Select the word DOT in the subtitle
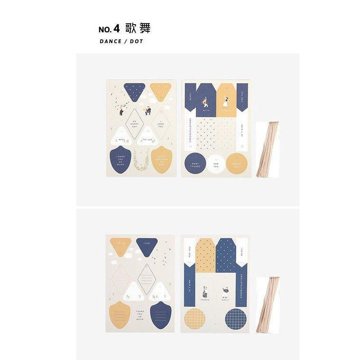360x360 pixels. (x=137, y=41)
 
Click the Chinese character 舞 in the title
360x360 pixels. (x=145, y=28)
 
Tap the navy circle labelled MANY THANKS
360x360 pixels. (x=195, y=164)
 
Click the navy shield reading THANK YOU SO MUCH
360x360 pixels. (x=121, y=159)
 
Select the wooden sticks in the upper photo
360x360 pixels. (x=267, y=149)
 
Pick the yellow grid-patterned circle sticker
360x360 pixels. (x=195, y=319)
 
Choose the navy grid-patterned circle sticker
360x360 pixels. (x=236, y=319)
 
